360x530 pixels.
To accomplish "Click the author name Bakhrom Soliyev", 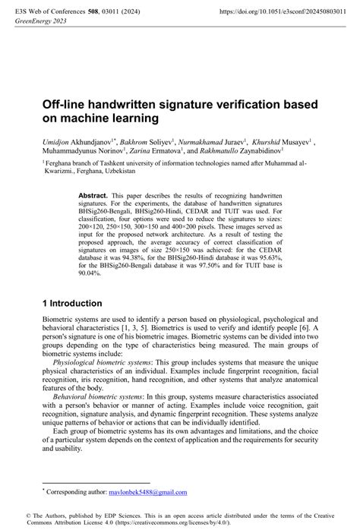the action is [x=147, y=141].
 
